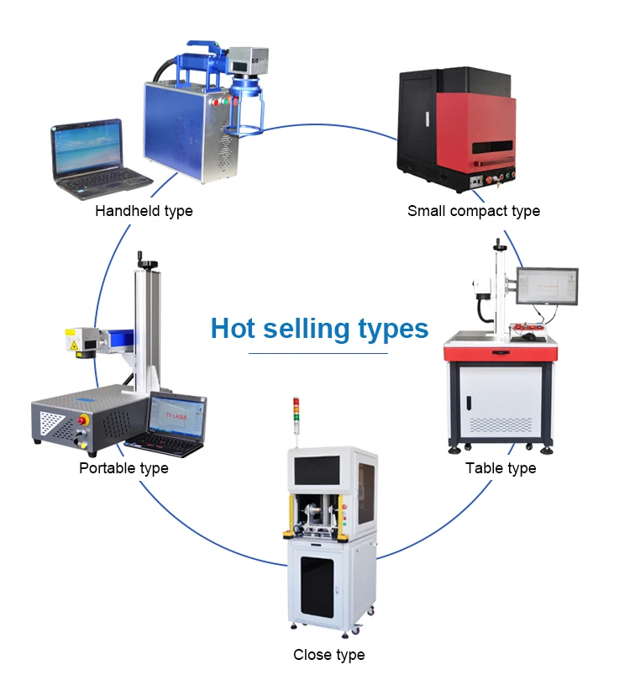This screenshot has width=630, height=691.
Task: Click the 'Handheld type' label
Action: pyautogui.click(x=144, y=211)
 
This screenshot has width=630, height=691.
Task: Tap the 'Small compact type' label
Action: pyautogui.click(x=474, y=211)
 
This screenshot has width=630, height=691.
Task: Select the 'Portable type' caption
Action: pyautogui.click(x=123, y=468)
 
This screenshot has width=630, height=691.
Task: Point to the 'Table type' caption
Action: pyautogui.click(x=501, y=468)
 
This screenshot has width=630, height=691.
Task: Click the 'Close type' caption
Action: pyautogui.click(x=328, y=655)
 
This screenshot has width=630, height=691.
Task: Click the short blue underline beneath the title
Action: pyautogui.click(x=318, y=354)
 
